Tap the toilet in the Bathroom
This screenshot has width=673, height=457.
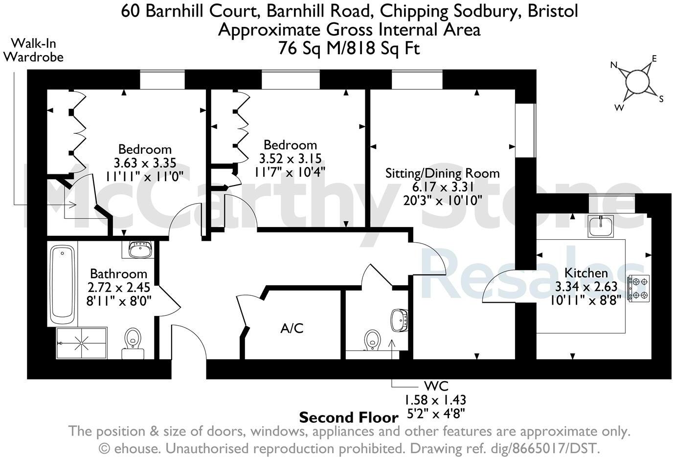[133, 340]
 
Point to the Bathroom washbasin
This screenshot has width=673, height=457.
[139, 250]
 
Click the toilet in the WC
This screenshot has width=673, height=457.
[373, 339]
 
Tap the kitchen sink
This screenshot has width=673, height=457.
[601, 226]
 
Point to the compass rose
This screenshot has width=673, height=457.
[638, 82]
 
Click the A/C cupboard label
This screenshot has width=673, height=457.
[292, 329]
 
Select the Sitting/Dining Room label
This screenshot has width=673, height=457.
[442, 173]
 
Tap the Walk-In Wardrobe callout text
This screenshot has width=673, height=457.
[33, 50]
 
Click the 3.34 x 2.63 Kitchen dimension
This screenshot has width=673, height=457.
[586, 286]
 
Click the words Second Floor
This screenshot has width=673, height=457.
[348, 417]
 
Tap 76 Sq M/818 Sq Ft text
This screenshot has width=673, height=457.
[349, 48]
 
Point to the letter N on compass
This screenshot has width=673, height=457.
[614, 65]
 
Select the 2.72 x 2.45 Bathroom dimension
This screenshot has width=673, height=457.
[118, 288]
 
